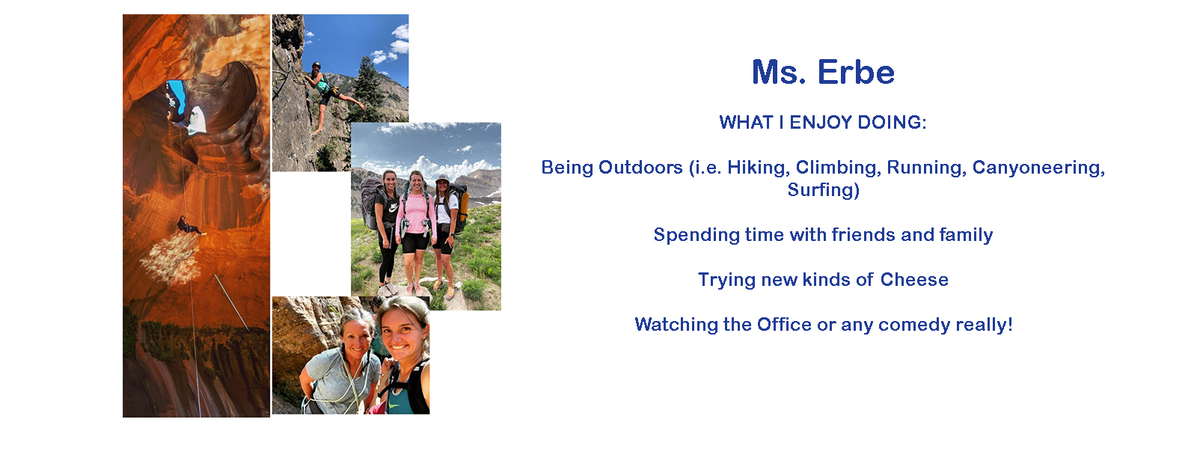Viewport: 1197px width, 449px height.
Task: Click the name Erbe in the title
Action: tap(856, 72)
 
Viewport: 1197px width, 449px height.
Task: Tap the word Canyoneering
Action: tap(1038, 168)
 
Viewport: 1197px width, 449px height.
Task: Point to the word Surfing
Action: tap(823, 190)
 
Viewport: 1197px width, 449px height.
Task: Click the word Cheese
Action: tap(914, 280)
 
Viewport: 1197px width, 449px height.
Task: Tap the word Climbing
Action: tap(838, 168)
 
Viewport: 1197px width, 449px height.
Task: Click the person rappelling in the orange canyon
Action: tap(189, 225)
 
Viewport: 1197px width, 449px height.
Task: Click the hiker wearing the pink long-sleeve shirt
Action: tap(416, 230)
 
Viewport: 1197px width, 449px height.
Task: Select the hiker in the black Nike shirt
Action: tap(388, 230)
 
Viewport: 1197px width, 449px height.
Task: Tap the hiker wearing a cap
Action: tap(444, 230)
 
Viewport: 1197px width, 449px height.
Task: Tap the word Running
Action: tap(927, 168)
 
